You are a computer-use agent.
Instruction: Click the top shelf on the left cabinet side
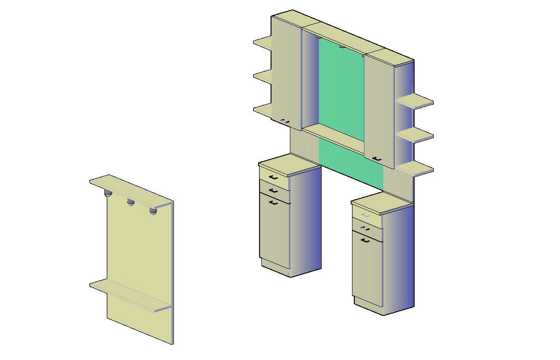click(x=262, y=43)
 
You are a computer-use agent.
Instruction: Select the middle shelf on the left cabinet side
click(x=262, y=76)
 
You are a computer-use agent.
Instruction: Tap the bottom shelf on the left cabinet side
click(x=262, y=110)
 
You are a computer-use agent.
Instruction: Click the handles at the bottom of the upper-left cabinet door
click(x=285, y=121)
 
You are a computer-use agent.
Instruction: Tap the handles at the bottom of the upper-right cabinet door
click(x=377, y=158)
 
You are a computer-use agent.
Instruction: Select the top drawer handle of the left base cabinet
click(x=273, y=177)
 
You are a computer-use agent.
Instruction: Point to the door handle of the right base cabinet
click(x=366, y=240)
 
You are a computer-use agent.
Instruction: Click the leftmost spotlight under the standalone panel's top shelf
click(x=109, y=193)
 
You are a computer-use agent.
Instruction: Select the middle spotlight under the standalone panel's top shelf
click(x=131, y=202)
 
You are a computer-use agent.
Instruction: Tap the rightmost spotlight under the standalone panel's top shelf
click(x=153, y=211)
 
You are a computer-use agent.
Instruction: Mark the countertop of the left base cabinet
click(x=289, y=165)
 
